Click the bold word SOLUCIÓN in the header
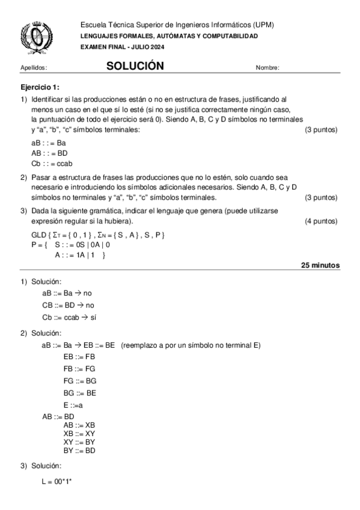[x=135, y=66]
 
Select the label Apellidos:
[x=34, y=68]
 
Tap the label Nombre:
[x=267, y=68]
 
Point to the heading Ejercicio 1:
[x=40, y=87]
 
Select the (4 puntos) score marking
[x=321, y=221]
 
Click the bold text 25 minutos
[x=320, y=265]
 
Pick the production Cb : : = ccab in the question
[x=52, y=164]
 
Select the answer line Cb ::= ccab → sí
[x=69, y=317]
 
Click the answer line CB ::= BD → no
[x=68, y=305]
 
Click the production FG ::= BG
[x=79, y=381]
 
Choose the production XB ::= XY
[x=79, y=433]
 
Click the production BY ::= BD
[x=79, y=450]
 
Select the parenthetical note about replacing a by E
[x=190, y=345]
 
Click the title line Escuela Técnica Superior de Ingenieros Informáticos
[x=177, y=25]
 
